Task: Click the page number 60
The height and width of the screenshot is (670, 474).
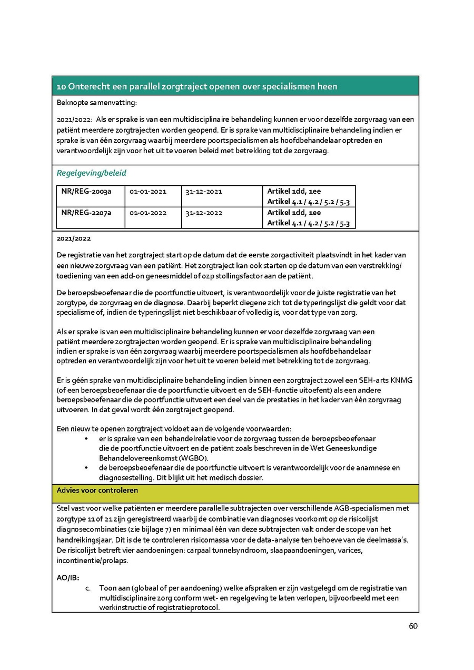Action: pyautogui.click(x=413, y=626)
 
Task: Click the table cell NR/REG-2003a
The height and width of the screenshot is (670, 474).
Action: pyautogui.click(x=86, y=192)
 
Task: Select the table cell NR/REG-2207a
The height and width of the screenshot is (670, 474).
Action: pyautogui.click(x=86, y=213)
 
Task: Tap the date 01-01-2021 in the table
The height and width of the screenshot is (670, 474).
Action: pyautogui.click(x=148, y=192)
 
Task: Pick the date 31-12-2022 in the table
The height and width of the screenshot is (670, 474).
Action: pyautogui.click(x=204, y=213)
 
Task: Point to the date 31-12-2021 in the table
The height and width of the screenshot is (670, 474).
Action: pyautogui.click(x=204, y=192)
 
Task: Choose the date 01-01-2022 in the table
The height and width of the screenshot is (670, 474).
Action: pyautogui.click(x=148, y=213)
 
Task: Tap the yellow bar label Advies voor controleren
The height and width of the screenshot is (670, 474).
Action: pyautogui.click(x=97, y=490)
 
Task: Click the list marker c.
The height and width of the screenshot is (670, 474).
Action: pyautogui.click(x=88, y=588)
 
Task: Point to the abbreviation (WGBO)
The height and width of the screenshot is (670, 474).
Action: pyautogui.click(x=178, y=458)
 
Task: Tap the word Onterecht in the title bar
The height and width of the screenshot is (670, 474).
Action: pyautogui.click(x=85, y=86)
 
